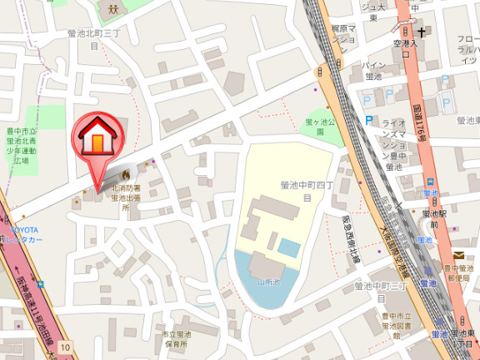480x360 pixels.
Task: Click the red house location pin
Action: click(97, 138)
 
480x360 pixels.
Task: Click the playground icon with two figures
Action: click(111, 9)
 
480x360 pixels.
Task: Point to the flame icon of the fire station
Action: click(126, 176)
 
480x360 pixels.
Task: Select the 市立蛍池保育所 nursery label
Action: click(177, 338)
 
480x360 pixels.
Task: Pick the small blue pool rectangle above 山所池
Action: click(289, 247)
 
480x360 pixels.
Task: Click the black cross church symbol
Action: click(423, 33)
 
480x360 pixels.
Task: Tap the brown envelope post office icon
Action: click(459, 256)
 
